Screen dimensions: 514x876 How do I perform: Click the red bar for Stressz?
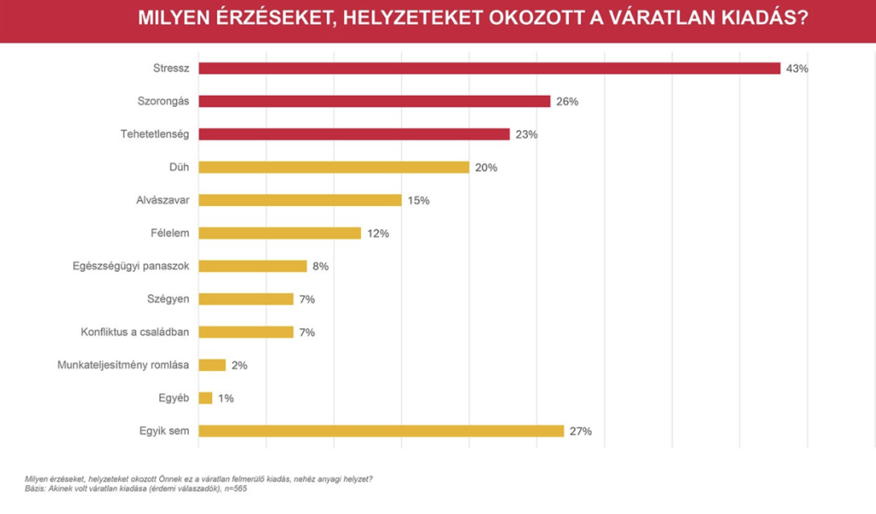coord(489,68)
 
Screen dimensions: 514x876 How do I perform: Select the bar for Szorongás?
coord(374,101)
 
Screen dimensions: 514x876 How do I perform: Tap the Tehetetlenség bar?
coord(354,134)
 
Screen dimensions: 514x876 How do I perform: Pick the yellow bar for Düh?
coord(334,167)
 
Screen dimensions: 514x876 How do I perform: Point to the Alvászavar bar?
coord(299,200)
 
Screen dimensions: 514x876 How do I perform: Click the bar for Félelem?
coord(280,233)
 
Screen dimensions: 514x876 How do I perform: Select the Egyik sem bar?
coord(381,430)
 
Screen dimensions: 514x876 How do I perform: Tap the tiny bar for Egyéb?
coord(205,398)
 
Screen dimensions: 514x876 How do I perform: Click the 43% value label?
coord(797,68)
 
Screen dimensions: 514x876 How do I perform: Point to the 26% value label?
coord(567,102)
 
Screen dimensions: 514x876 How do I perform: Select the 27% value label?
coord(581,431)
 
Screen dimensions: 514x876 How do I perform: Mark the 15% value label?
coord(418,201)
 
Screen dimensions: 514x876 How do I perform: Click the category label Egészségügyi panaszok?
coord(131,266)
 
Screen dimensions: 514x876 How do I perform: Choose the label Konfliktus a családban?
coord(135,332)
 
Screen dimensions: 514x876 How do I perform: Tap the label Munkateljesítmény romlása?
coord(123,364)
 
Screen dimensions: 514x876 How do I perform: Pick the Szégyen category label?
coord(169,298)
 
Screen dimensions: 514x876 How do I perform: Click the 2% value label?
coord(240,365)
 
